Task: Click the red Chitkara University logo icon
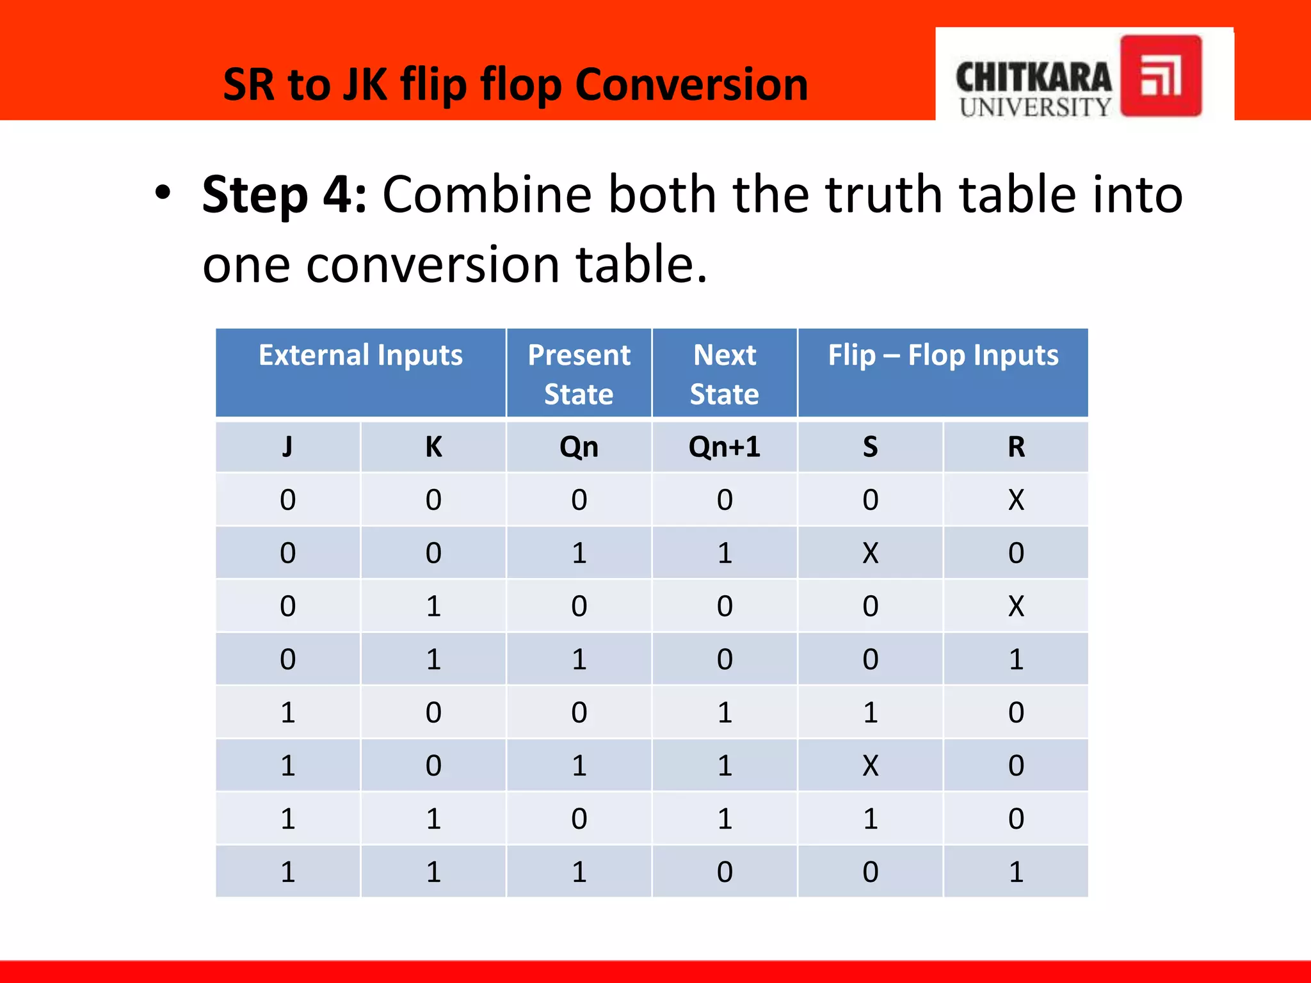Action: pos(1161,76)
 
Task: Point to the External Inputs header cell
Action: pos(360,372)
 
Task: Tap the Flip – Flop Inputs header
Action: pos(943,372)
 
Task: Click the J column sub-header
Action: pos(287,447)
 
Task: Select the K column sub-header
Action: pos(433,447)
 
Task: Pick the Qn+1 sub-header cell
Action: pos(724,447)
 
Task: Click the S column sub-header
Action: pos(870,447)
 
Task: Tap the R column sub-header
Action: pos(1016,447)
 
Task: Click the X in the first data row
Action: pos(1016,500)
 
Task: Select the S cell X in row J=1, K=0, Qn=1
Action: pos(870,765)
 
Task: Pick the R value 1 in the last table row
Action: pos(1016,872)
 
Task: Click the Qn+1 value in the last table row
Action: pos(724,872)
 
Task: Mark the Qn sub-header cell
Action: pos(579,447)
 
